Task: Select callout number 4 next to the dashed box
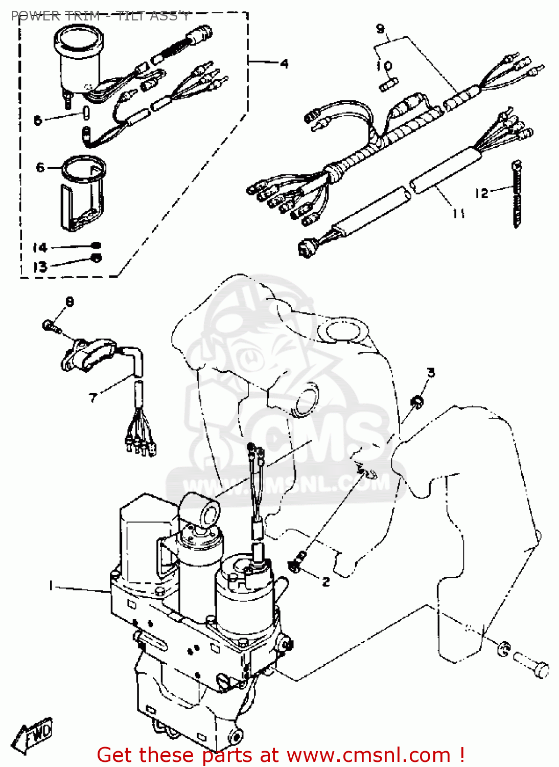coord(284,63)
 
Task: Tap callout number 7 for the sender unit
coord(93,397)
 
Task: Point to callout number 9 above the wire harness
coord(380,29)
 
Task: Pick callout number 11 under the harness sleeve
coord(458,213)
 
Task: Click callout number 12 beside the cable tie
coord(481,193)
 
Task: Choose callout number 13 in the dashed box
coord(40,266)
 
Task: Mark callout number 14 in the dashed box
coord(40,248)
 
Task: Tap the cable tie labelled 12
coord(517,195)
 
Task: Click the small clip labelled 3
coord(417,402)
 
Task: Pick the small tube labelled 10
coord(388,84)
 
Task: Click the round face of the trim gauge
coord(79,38)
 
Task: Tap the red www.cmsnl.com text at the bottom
coord(368,755)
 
